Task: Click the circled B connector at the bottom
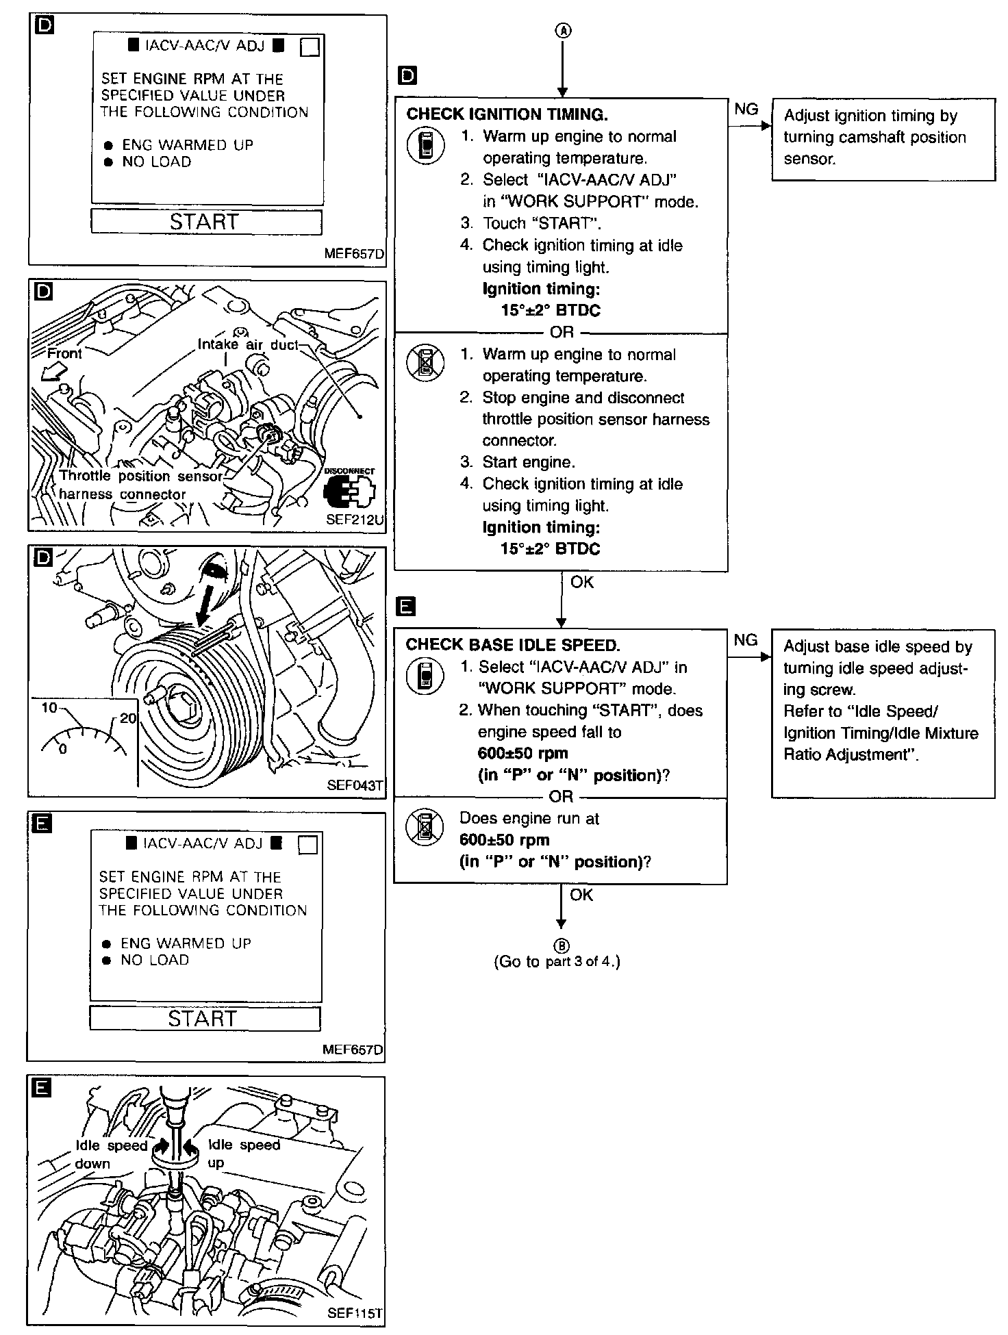[562, 946]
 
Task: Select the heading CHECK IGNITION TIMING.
[507, 114]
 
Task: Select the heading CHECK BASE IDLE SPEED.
[512, 645]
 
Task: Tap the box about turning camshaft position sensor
[883, 140]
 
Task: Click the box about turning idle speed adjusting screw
[883, 713]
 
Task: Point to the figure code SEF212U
[355, 520]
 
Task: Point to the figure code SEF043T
[355, 785]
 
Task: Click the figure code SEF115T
[355, 1313]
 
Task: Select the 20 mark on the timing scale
[128, 717]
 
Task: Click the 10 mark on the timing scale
[49, 707]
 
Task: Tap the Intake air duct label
[248, 344]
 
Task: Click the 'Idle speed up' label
[243, 1154]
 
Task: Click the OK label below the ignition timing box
[581, 582]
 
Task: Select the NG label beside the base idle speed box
[746, 640]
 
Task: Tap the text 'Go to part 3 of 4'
[557, 961]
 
